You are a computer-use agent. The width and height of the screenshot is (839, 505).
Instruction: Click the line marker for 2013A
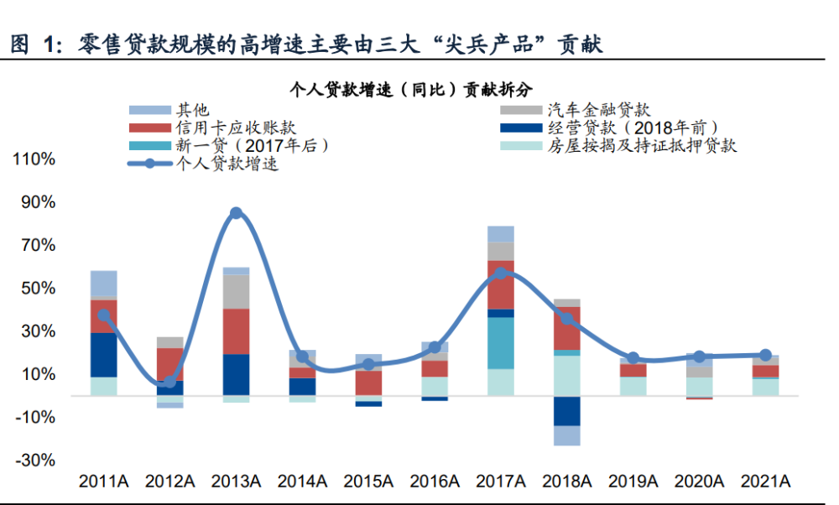pyautogui.click(x=237, y=213)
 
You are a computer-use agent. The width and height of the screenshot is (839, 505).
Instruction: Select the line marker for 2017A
pyautogui.click(x=501, y=273)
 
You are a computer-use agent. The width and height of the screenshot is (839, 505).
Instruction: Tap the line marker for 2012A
pyautogui.click(x=170, y=382)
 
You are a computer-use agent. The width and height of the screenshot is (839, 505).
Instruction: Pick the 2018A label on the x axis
pyautogui.click(x=567, y=482)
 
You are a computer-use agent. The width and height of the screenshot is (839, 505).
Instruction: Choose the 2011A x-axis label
pyautogui.click(x=104, y=482)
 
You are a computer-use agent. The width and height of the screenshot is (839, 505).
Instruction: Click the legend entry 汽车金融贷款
pyautogui.click(x=599, y=110)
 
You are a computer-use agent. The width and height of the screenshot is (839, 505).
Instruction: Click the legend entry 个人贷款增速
pyautogui.click(x=227, y=164)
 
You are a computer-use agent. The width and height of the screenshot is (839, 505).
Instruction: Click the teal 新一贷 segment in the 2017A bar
pyautogui.click(x=501, y=342)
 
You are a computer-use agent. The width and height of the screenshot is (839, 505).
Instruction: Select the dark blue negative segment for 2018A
pyautogui.click(x=567, y=411)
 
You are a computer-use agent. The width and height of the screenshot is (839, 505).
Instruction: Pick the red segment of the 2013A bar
pyautogui.click(x=237, y=331)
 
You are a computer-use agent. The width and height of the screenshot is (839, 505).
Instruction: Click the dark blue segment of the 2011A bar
pyautogui.click(x=104, y=355)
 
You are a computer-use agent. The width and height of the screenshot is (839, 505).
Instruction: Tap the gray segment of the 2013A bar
pyautogui.click(x=237, y=291)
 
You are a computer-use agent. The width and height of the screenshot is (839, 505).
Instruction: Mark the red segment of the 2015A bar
pyautogui.click(x=369, y=383)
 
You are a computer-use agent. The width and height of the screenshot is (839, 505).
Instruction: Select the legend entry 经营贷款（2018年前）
pyautogui.click(x=633, y=128)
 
